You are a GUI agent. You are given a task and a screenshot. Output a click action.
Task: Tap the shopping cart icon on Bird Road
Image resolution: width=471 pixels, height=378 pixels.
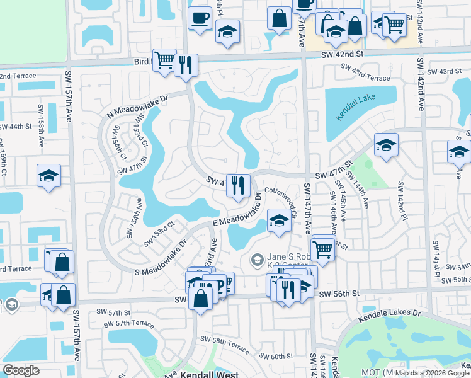164,60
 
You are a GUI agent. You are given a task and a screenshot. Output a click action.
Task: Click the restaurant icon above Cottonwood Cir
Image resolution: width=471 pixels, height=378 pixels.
238,185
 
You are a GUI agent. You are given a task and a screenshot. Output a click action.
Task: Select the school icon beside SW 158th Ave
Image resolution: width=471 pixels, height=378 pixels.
48,176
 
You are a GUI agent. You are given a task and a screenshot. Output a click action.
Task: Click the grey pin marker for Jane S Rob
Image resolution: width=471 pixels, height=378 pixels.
257,259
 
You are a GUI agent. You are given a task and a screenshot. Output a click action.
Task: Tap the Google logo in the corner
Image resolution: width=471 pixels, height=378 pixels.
21,370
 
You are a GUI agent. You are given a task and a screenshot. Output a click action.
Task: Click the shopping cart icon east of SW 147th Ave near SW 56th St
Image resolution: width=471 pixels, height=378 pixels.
322,247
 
